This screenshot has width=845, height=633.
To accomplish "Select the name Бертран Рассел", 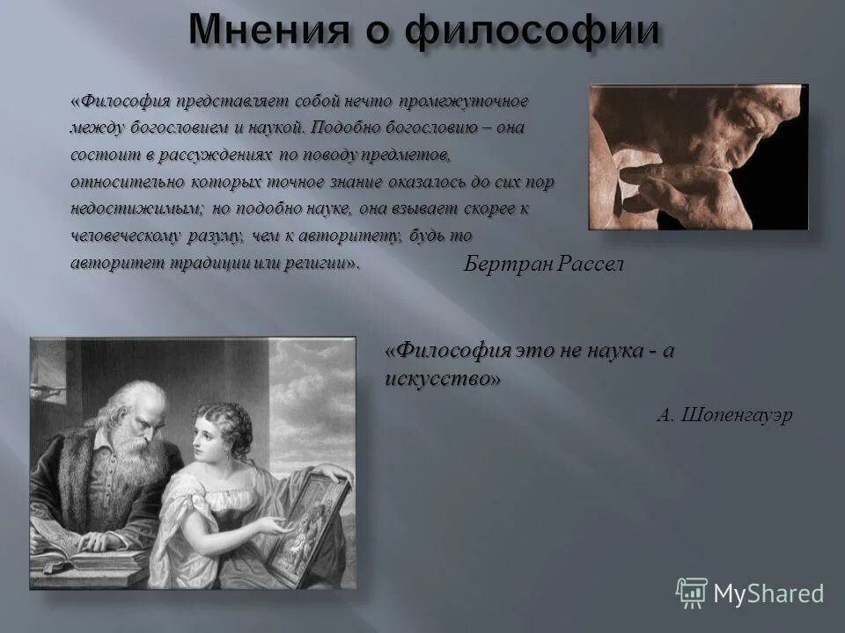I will (x=542, y=265).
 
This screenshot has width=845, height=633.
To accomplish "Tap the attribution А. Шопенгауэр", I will (x=724, y=415).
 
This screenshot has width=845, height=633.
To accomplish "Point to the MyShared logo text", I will (x=768, y=593).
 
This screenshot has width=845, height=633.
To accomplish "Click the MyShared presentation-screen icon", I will (x=692, y=593).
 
